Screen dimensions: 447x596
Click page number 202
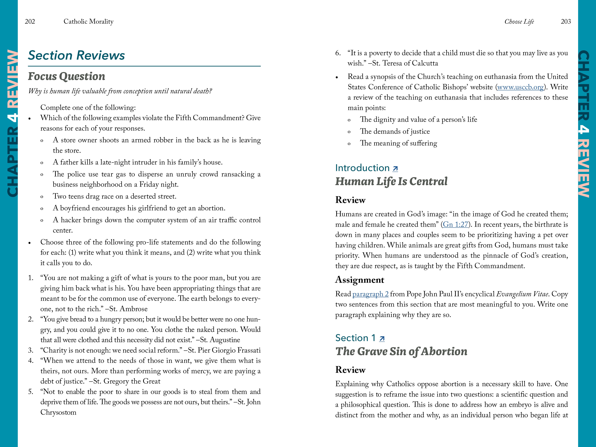pos(30,22)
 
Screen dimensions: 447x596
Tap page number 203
pos(566,22)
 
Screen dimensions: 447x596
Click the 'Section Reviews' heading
pos(76,55)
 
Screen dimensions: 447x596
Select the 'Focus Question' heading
pos(67,76)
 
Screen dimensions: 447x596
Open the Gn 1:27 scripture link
pos(455,224)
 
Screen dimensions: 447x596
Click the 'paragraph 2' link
pos(370,294)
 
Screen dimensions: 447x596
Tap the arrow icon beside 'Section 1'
pos(382,339)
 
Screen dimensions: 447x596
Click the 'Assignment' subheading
pos(359,280)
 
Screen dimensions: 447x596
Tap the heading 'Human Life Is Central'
pos(391,181)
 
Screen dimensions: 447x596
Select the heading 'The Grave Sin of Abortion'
pos(401,351)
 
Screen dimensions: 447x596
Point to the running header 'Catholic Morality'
pos(88,22)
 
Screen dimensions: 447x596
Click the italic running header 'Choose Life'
pos(519,22)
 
